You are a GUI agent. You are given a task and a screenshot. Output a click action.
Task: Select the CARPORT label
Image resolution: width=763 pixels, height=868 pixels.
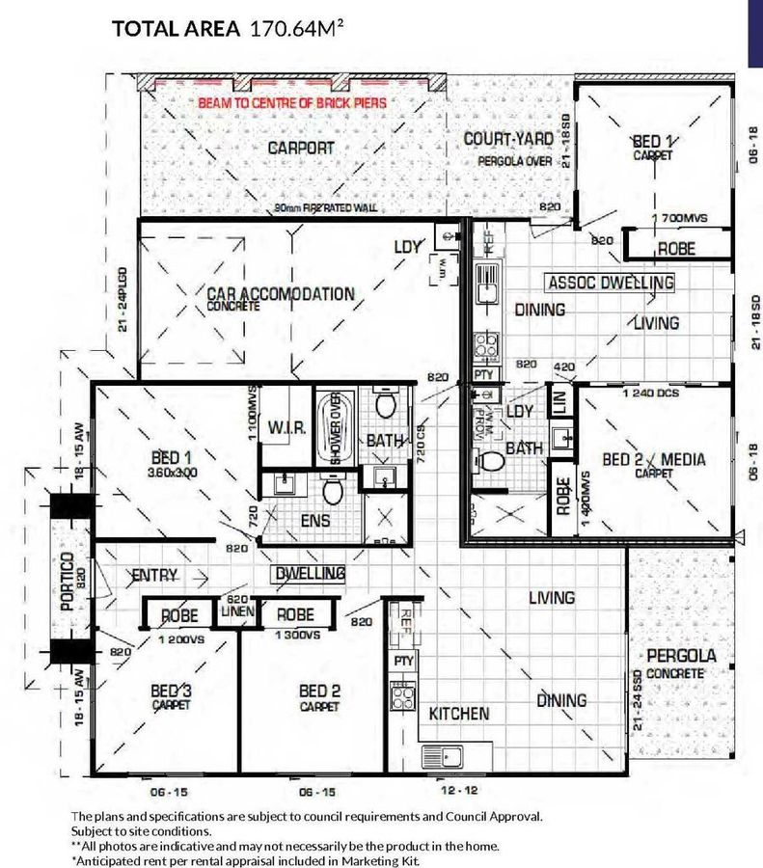[x=301, y=148]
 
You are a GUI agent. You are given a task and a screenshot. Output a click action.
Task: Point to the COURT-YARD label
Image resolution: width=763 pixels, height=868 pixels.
[x=506, y=139]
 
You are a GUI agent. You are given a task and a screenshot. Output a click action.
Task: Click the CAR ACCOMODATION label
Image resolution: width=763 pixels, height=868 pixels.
[x=281, y=293]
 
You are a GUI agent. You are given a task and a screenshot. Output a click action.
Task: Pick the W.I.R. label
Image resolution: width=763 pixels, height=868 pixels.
[x=287, y=426]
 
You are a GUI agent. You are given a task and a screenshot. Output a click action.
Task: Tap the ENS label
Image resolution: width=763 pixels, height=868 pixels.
[x=315, y=521]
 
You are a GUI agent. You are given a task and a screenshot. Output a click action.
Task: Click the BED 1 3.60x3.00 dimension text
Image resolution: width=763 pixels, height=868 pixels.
[x=174, y=473]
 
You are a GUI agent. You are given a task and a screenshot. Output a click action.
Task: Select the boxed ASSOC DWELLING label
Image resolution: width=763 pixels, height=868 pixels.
[x=610, y=283]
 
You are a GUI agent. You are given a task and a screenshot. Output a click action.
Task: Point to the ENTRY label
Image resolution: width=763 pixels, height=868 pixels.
[x=155, y=577]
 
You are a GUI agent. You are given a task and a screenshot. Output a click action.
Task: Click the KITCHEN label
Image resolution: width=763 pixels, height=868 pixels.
[x=459, y=714]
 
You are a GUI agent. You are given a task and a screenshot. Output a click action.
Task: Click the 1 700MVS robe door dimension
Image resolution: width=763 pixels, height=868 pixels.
[x=680, y=219]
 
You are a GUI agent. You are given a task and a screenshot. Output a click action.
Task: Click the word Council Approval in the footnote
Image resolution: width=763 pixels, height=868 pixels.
[x=488, y=816]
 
